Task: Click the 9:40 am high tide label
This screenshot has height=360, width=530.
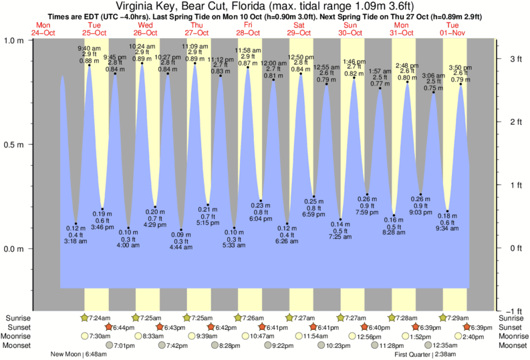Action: (x=89, y=47)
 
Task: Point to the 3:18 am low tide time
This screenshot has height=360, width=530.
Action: (x=76, y=240)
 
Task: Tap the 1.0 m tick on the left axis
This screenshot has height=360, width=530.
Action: (x=14, y=40)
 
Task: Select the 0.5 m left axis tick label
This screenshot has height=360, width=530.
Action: (x=14, y=144)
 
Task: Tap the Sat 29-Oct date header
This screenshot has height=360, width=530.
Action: (x=299, y=29)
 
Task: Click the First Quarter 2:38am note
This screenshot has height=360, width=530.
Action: (x=425, y=355)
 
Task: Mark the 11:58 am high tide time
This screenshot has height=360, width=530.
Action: (x=247, y=50)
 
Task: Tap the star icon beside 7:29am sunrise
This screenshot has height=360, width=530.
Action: (x=444, y=317)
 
